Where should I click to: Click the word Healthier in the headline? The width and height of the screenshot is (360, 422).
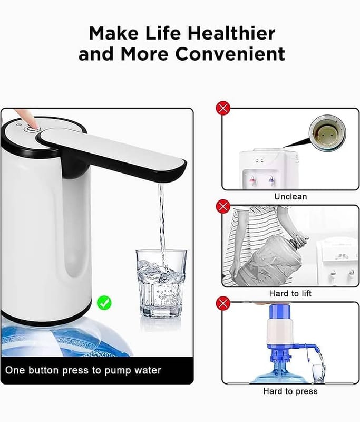click(x=231, y=33)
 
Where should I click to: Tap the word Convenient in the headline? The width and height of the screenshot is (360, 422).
click(x=230, y=54)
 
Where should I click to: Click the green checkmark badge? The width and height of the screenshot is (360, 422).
click(x=104, y=302)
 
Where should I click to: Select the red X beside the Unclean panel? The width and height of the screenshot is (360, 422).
click(x=223, y=108)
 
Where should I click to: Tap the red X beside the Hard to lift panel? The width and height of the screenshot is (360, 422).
click(x=223, y=206)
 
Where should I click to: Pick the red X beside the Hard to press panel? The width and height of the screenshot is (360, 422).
click(x=223, y=304)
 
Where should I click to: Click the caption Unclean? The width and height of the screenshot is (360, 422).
click(x=290, y=196)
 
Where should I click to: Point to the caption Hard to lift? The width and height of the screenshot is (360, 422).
click(x=290, y=293)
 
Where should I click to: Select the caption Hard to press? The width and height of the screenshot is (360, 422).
click(x=290, y=391)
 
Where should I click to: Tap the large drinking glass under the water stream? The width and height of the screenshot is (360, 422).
click(x=161, y=283)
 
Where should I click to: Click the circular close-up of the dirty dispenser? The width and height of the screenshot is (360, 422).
click(x=327, y=133)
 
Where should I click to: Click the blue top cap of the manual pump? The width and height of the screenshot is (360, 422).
click(x=279, y=312)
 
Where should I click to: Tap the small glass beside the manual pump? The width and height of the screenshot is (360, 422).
click(x=319, y=373)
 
